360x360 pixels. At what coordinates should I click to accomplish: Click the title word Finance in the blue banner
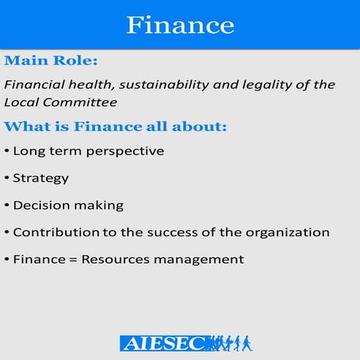point(180,24)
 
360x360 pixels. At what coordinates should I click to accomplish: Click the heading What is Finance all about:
point(116,127)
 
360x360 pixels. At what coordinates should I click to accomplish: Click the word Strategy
point(41,178)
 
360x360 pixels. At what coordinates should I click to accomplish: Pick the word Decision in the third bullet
point(37,205)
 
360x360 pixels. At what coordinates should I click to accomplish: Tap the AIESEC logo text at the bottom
point(162,342)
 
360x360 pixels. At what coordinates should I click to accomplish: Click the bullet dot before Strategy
point(7,178)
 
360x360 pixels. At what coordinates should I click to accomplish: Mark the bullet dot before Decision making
point(7,205)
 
